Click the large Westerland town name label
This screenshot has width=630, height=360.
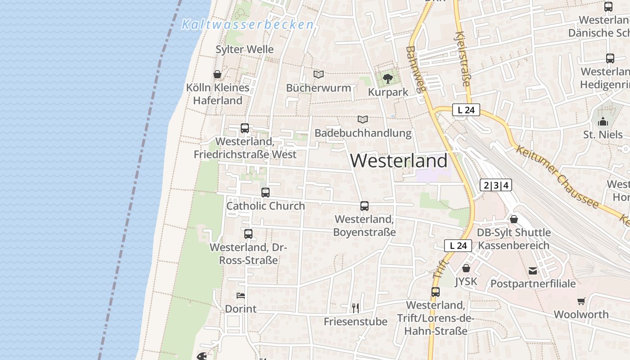[399, 161]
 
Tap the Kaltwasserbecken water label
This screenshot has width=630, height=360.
[247, 25]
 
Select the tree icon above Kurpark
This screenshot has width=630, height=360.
[387, 79]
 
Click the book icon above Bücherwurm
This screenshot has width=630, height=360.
[319, 74]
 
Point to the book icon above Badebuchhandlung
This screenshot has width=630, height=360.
[363, 119]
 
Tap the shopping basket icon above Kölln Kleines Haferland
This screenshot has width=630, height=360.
[217, 74]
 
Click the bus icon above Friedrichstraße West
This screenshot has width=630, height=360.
[245, 128]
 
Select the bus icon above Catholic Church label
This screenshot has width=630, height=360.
[265, 193]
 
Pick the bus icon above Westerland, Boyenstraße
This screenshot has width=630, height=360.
[364, 206]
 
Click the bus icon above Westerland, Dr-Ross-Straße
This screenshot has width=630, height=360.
[248, 234]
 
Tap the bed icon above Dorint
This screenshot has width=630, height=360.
[241, 296]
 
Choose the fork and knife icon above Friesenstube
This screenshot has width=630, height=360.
[355, 308]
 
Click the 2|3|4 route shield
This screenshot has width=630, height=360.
[496, 185]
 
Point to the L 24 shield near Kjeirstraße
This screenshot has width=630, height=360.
[466, 110]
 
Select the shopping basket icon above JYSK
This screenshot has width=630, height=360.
[466, 268]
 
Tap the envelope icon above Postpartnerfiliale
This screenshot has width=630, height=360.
[533, 270]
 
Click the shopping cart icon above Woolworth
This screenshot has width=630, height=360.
[581, 301]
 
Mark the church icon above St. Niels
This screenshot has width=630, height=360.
[603, 121]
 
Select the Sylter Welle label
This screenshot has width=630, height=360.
[244, 49]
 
